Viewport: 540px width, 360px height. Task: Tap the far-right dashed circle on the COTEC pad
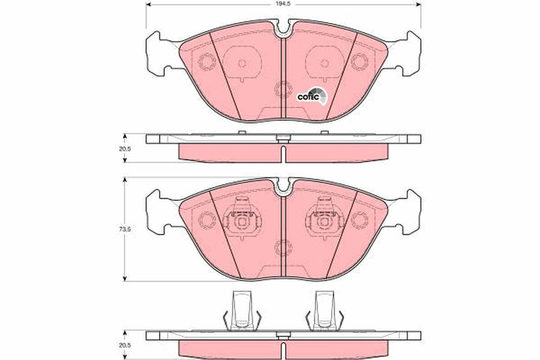(358, 60)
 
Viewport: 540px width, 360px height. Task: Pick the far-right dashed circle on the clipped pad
(358, 218)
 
